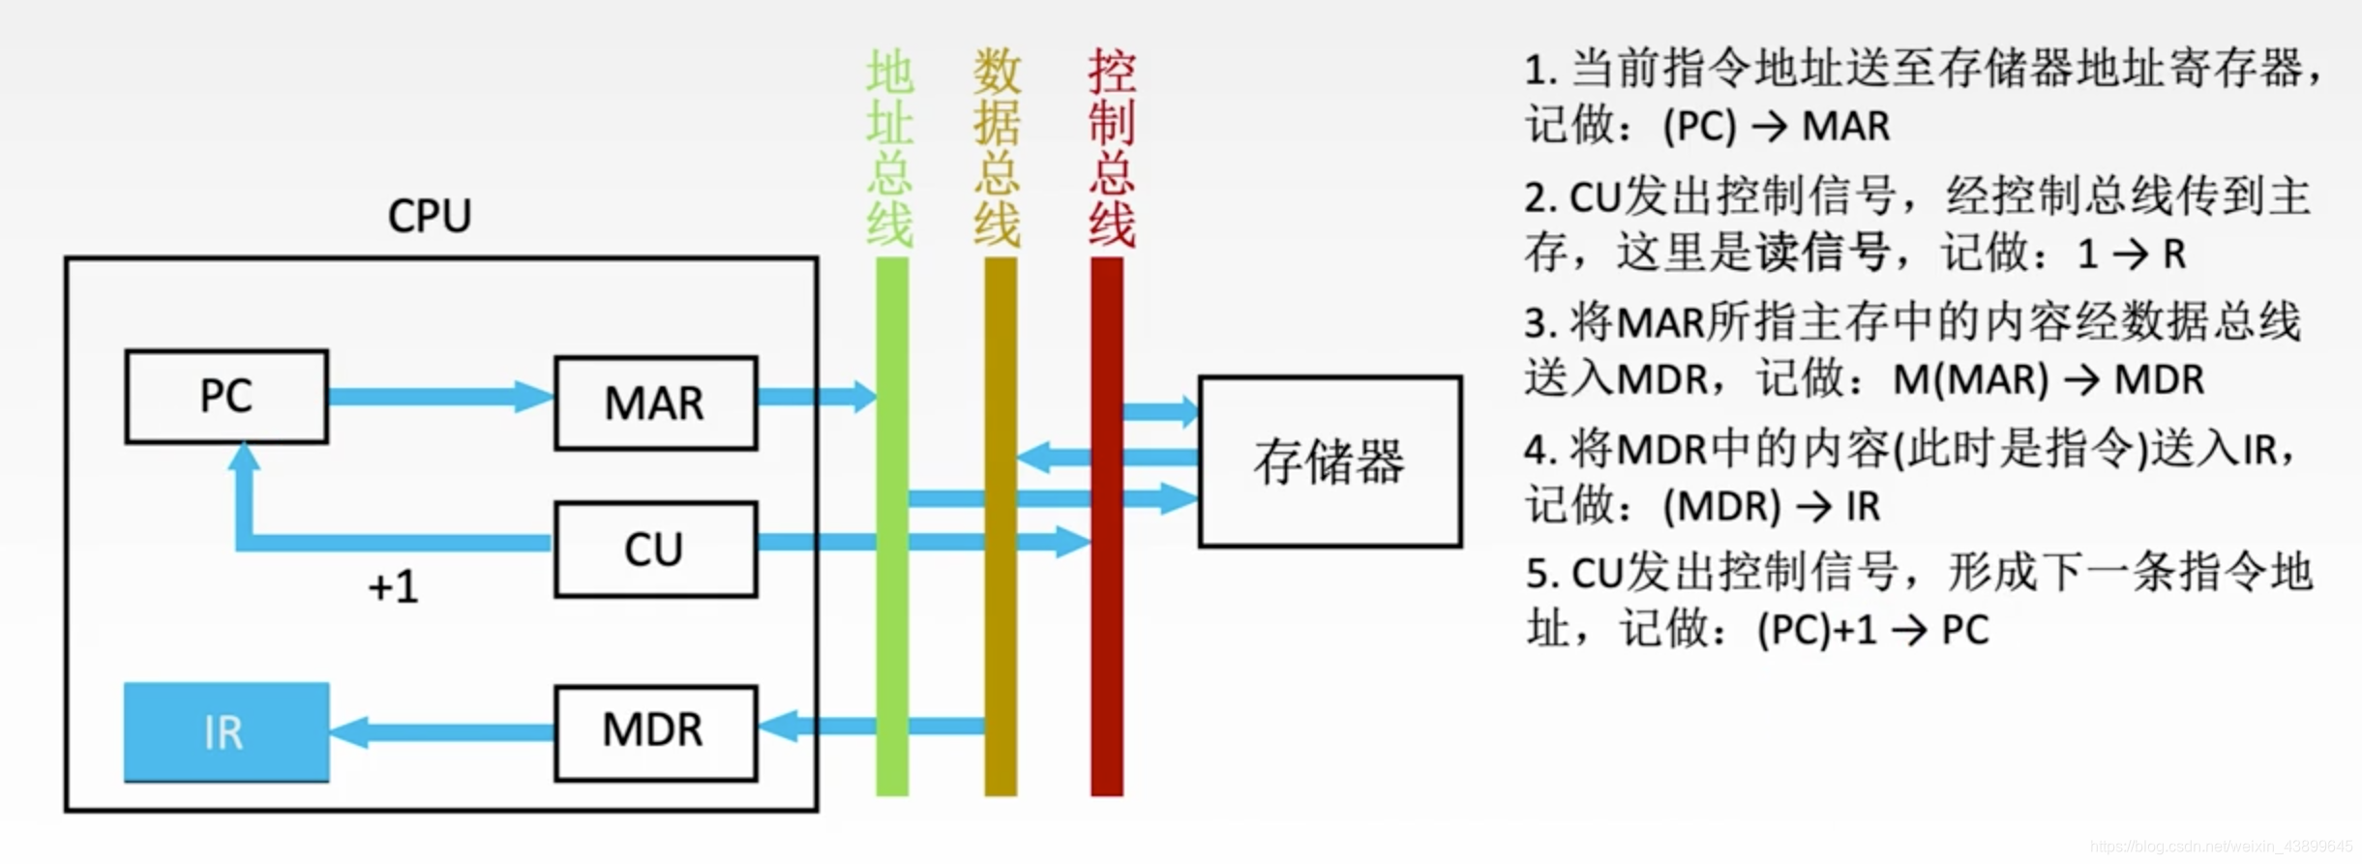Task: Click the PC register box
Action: pyautogui.click(x=226, y=397)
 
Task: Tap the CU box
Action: pyautogui.click(x=655, y=550)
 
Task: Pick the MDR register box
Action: pyautogui.click(x=655, y=732)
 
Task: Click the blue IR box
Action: pyautogui.click(x=226, y=732)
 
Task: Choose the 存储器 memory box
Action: pyautogui.click(x=1330, y=462)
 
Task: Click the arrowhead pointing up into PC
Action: pyautogui.click(x=245, y=458)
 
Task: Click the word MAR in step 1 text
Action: pyautogui.click(x=1845, y=127)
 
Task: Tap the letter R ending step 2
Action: pyautogui.click(x=2174, y=254)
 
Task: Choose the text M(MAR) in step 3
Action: pyautogui.click(x=1970, y=380)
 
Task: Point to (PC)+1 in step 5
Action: pyautogui.click(x=1817, y=631)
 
